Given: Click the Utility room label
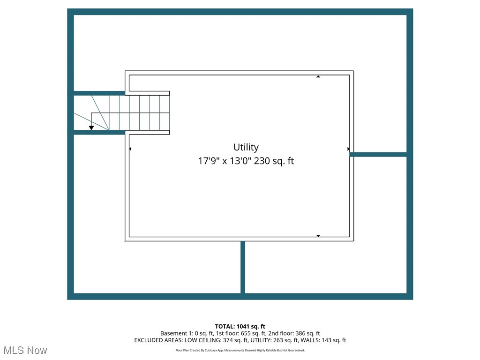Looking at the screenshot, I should pos(246,147).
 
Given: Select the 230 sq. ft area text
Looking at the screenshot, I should pos(274,161).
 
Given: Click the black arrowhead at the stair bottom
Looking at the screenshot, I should pos(91,127).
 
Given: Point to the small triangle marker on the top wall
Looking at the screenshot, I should pos(318,76).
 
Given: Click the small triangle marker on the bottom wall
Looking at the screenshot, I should pos(318,236).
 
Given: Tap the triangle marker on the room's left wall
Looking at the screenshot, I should pos(130,149).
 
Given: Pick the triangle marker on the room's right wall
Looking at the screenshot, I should pos(348,149).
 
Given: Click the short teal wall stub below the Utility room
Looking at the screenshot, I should pos(243,267).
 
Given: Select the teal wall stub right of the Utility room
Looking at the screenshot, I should pos(378,154).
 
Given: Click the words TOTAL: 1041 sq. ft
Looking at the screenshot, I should pos(240,326).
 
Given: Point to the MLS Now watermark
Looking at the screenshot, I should pos(25,350).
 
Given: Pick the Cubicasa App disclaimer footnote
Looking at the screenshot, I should pos(240,350).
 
